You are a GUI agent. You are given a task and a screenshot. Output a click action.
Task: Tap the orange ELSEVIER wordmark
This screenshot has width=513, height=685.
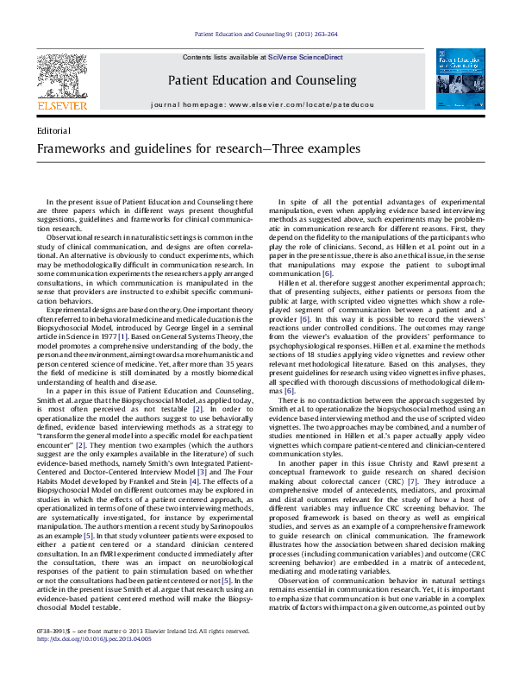coord(61,106)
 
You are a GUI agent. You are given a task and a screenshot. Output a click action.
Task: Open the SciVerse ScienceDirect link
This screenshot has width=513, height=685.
coord(305,56)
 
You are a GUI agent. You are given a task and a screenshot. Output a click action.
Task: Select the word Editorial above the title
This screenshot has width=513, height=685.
coord(55,129)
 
